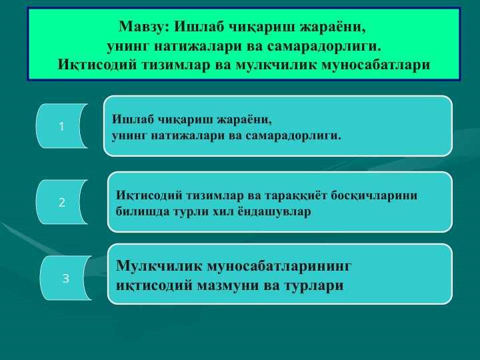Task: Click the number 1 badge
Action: click(x=61, y=126)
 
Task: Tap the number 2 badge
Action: click(x=61, y=202)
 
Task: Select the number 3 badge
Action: click(x=65, y=278)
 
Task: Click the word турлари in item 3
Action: click(x=314, y=286)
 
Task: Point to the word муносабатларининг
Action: click(x=279, y=266)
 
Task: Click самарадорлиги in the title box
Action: click(x=324, y=47)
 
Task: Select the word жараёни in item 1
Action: click(x=244, y=119)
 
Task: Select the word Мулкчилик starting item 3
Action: click(x=159, y=266)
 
